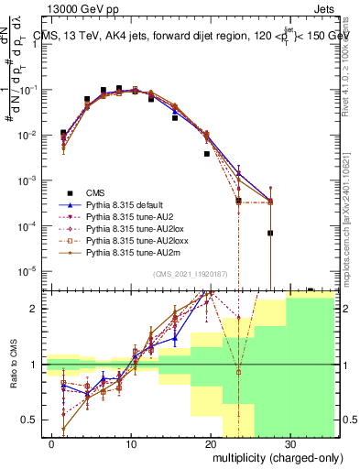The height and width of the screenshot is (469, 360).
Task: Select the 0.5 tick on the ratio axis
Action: pos(34,420)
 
